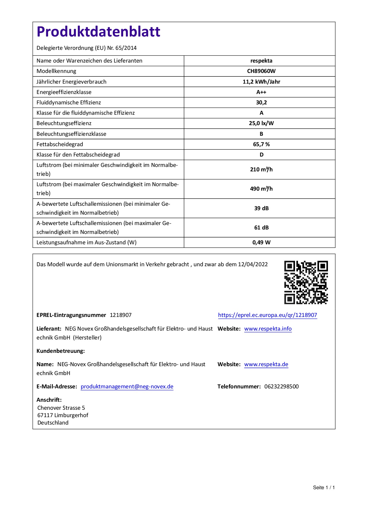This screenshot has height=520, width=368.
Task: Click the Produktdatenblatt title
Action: (98, 32)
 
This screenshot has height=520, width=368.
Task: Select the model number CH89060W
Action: (261, 71)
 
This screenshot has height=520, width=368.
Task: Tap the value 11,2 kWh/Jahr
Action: (261, 82)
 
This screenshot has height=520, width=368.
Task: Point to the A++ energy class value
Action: (261, 92)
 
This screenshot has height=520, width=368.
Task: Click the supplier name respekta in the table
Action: (261, 61)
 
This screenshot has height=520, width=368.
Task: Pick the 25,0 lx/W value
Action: (261, 123)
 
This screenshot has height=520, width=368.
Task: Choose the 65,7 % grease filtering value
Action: (261, 144)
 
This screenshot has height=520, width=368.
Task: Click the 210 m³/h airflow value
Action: (261, 170)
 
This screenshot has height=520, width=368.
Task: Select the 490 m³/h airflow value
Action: (261, 189)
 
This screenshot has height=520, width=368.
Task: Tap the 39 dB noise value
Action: (261, 208)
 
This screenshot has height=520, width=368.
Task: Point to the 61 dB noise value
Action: (261, 228)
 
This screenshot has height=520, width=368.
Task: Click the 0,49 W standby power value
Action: (261, 243)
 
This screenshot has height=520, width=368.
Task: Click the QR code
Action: (306, 282)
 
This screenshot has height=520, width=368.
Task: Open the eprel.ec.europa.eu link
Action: (267, 315)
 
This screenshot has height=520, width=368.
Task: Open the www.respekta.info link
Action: (268, 329)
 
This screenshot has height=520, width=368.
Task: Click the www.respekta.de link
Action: (266, 364)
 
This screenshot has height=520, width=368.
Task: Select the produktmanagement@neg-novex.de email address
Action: (127, 387)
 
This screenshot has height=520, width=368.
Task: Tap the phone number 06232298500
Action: (281, 387)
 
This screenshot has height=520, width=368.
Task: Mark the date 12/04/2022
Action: (253, 264)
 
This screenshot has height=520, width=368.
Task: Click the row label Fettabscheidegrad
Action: (60, 144)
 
